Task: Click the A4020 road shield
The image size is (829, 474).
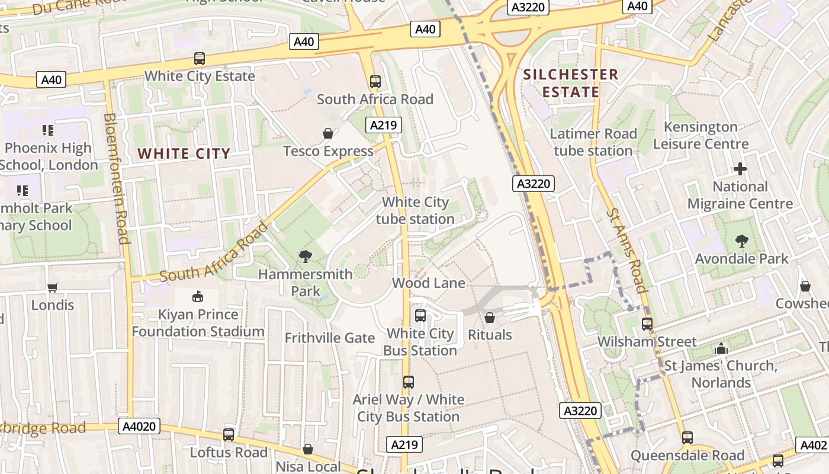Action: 140,426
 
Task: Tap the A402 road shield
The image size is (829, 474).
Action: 813,445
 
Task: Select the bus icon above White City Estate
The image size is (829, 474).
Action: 200,59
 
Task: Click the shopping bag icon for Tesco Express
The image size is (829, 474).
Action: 327,134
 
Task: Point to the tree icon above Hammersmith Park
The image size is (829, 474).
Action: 306,257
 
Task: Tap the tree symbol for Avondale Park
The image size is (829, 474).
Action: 741,241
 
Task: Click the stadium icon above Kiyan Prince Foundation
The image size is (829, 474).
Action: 198,296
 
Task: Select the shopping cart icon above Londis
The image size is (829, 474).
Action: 53,287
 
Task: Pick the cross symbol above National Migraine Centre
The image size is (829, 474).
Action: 740,169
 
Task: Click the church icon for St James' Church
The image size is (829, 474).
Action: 721,348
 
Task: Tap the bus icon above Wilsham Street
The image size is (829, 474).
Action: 647,324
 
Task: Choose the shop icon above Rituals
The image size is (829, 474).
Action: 490,318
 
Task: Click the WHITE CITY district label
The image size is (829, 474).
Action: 184,154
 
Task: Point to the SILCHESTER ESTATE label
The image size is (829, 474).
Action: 571,83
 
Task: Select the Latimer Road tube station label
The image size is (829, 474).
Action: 593,142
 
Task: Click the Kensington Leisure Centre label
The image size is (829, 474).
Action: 701,135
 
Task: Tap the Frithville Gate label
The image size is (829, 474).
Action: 330,338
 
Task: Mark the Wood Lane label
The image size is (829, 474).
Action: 429,283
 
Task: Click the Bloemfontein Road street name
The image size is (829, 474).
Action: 117,178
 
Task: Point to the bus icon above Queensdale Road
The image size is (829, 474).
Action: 687,438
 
